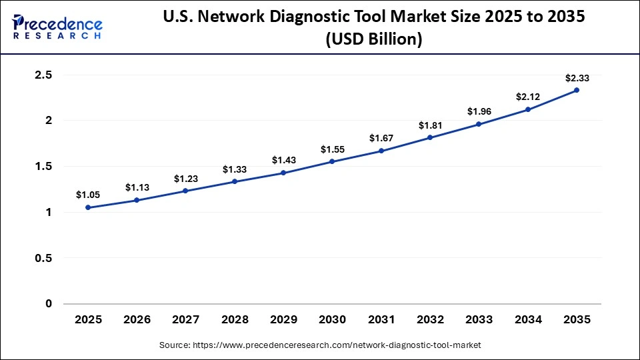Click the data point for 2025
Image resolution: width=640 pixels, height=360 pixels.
click(88, 207)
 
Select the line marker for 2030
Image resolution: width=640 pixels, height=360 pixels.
click(332, 161)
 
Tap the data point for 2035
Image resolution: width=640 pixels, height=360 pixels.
click(577, 90)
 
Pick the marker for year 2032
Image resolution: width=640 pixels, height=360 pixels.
click(430, 137)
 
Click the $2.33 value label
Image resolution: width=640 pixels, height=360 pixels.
click(577, 78)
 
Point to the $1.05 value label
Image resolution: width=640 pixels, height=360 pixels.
click(88, 195)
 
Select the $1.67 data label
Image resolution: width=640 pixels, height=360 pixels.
click(381, 138)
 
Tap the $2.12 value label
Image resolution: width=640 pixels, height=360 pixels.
click(528, 97)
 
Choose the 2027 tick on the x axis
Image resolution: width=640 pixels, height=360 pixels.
click(186, 320)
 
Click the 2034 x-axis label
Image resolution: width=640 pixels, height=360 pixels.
click(528, 320)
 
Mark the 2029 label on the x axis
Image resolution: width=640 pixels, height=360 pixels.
click(283, 320)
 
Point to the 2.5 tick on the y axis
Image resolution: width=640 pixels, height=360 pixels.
click(43, 75)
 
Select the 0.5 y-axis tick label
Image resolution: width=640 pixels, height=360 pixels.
click(43, 258)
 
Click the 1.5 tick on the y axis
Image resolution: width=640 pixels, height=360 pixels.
click(43, 167)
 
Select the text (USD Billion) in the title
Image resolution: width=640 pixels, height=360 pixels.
click(373, 39)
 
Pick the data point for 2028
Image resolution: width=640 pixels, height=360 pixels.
click(235, 181)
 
